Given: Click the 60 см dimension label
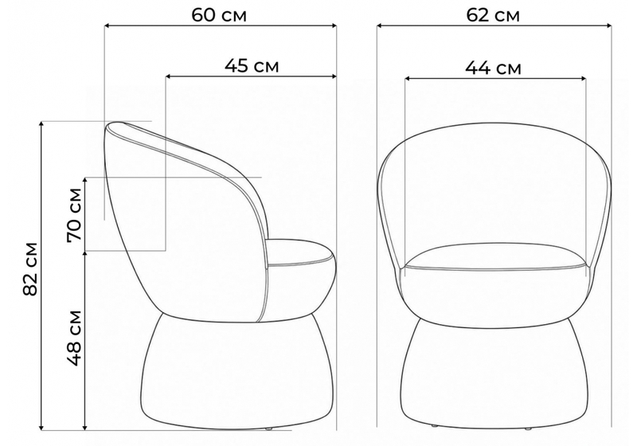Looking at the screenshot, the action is (x=219, y=15).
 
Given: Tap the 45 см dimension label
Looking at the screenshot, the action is (x=252, y=65).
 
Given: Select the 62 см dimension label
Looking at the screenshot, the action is (x=493, y=15).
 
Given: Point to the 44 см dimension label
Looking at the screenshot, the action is (x=493, y=68).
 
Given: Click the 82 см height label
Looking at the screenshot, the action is (x=31, y=268).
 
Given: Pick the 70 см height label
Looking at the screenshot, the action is (x=75, y=215).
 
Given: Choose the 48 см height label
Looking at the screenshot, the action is (x=75, y=338).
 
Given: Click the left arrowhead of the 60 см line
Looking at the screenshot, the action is (x=107, y=26).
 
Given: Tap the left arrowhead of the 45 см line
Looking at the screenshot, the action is (x=169, y=76).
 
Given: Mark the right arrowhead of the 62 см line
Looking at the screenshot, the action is (x=608, y=26).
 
